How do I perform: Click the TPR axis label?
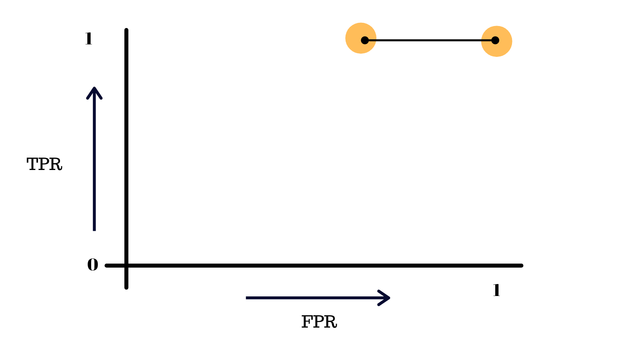(x=44, y=164)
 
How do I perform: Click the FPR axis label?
(x=319, y=322)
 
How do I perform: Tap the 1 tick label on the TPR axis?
(x=88, y=39)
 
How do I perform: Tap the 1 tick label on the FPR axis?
(x=496, y=290)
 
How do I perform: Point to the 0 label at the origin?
(x=92, y=265)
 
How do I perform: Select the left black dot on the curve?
(x=365, y=40)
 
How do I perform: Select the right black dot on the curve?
(x=495, y=40)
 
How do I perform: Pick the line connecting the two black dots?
(x=430, y=40)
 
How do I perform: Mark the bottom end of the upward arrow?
(x=94, y=230)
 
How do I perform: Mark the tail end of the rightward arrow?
(x=247, y=298)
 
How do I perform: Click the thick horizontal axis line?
(x=320, y=265)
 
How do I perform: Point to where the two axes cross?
(x=126, y=265)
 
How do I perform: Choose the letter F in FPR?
(x=307, y=322)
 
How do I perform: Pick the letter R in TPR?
(x=56, y=164)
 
